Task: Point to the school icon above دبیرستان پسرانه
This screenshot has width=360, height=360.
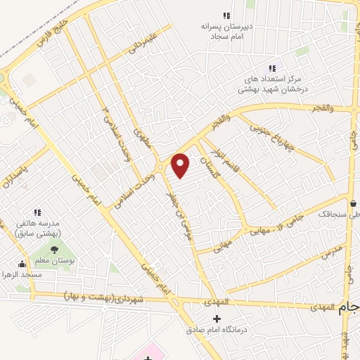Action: click(x=226, y=15)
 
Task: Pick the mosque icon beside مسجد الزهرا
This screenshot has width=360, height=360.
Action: click(x=22, y=264)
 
